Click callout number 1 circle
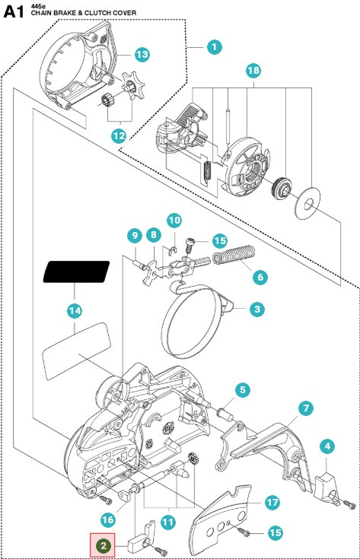pos(214,46)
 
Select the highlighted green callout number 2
pos(103,545)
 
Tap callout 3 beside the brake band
pos(257,309)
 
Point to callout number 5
pos(242,390)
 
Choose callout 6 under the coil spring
pos(258,278)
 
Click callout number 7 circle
pos(305,408)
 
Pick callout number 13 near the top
pos(141,54)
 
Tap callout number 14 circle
pos(74,310)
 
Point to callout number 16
pos(108,519)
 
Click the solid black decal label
pos(76,272)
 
